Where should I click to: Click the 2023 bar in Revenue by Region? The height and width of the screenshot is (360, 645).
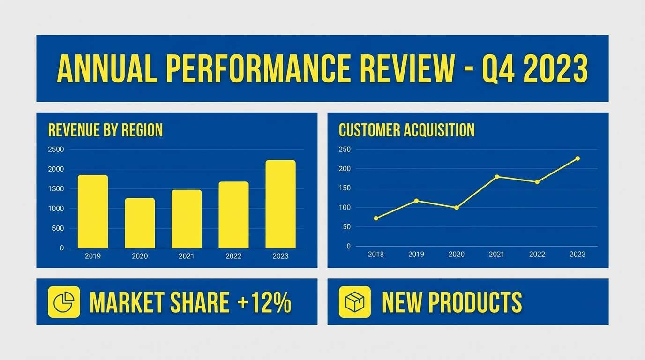(x=280, y=204)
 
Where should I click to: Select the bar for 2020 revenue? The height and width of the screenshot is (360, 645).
(x=140, y=223)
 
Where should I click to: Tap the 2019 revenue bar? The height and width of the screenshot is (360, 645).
(x=93, y=212)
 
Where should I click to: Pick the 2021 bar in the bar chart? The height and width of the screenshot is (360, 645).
(x=187, y=219)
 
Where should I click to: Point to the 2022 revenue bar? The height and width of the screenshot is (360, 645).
(x=233, y=215)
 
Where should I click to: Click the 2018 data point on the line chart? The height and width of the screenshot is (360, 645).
(x=376, y=218)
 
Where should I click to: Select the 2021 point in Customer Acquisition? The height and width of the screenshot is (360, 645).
(x=497, y=177)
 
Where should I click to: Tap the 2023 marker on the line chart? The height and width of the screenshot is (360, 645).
(x=577, y=158)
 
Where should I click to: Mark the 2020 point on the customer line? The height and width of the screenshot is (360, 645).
(x=457, y=208)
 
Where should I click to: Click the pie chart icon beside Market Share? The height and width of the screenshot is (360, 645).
(x=64, y=302)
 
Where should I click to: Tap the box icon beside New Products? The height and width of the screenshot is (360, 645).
(x=354, y=302)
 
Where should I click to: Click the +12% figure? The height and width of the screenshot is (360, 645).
(x=264, y=302)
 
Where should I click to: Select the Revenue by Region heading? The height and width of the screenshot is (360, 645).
(x=105, y=130)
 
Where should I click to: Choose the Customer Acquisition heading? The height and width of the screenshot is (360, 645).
(x=406, y=130)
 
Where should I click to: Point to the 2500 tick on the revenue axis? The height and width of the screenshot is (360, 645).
(x=56, y=150)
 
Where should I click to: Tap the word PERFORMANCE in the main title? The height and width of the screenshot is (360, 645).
(x=258, y=68)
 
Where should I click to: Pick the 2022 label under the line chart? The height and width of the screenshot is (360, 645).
(x=537, y=254)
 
